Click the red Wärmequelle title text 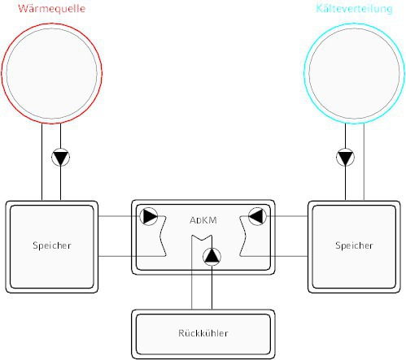pyautogui.click(x=51, y=8)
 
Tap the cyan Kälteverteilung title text pyautogui.click(x=354, y=8)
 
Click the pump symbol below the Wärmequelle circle pyautogui.click(x=60, y=157)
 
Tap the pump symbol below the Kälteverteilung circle pyautogui.click(x=345, y=157)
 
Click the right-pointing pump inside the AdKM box pyautogui.click(x=149, y=216)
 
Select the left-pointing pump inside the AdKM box pyautogui.click(x=257, y=216)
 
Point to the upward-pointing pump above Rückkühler pyautogui.click(x=212, y=256)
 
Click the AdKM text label pyautogui.click(x=203, y=220)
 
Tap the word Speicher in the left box pyautogui.click(x=52, y=245)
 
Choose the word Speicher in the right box pyautogui.click(x=354, y=245)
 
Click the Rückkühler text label pyautogui.click(x=203, y=333)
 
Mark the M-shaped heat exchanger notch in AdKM pyautogui.click(x=202, y=238)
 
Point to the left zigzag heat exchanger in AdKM pyautogui.click(x=163, y=236)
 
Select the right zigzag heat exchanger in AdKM pyautogui.click(x=242, y=236)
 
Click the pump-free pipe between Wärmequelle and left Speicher pyautogui.click(x=42, y=162)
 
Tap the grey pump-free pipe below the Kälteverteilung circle pyautogui.click(x=364, y=162)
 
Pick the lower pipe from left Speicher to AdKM pyautogui.click(x=132, y=256)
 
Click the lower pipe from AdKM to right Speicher pyautogui.click(x=274, y=256)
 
